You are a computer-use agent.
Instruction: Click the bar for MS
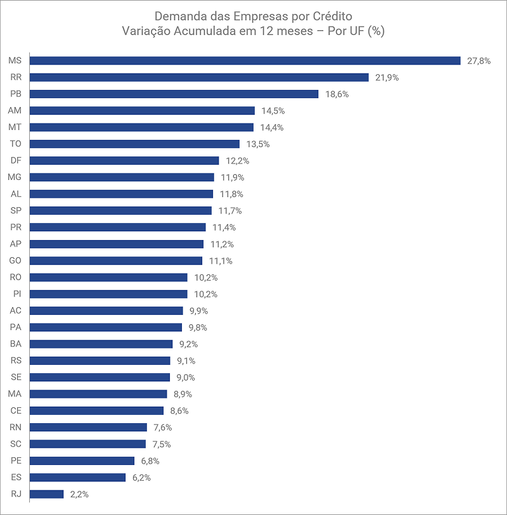245,61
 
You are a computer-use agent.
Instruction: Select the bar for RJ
46,494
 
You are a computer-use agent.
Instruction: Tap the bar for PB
174,94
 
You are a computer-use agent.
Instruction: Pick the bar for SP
120,210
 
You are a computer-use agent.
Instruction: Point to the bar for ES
77,477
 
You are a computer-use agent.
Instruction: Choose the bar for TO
134,144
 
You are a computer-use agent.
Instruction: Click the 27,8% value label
478,61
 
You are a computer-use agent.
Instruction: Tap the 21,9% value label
387,77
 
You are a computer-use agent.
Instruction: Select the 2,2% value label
79,494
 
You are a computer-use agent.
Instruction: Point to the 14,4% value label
272,127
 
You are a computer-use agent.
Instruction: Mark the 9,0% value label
186,378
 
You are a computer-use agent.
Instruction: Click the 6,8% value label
150,461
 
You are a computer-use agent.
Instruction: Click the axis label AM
15,110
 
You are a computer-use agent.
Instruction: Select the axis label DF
16,160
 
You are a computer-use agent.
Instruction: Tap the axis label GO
15,260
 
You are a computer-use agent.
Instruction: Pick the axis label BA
16,344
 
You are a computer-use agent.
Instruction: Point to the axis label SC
16,443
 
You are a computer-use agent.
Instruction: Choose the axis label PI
17,294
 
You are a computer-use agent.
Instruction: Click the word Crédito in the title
332,16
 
